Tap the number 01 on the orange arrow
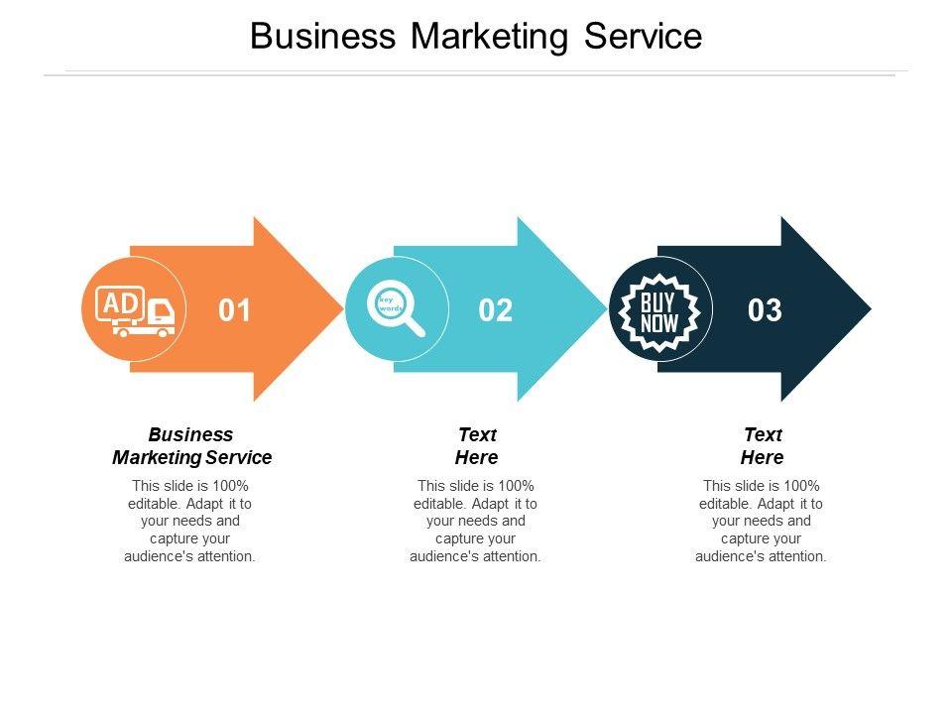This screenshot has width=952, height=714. tap(235, 310)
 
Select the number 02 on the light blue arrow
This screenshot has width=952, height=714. tap(496, 310)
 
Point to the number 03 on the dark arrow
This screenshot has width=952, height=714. tap(765, 310)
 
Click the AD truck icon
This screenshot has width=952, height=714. tap(135, 311)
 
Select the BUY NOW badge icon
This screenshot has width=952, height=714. tap(658, 310)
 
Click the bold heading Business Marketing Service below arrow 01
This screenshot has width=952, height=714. tap(191, 446)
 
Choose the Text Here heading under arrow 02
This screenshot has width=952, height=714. tap(477, 446)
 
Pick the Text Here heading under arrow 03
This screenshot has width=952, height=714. tap(763, 446)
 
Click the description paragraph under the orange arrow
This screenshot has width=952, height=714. tap(190, 521)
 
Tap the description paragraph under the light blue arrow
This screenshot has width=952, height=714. tap(476, 521)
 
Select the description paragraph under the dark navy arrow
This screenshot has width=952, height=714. tap(762, 521)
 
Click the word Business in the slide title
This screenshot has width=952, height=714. tap(321, 37)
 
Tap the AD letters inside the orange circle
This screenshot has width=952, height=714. tap(120, 303)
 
